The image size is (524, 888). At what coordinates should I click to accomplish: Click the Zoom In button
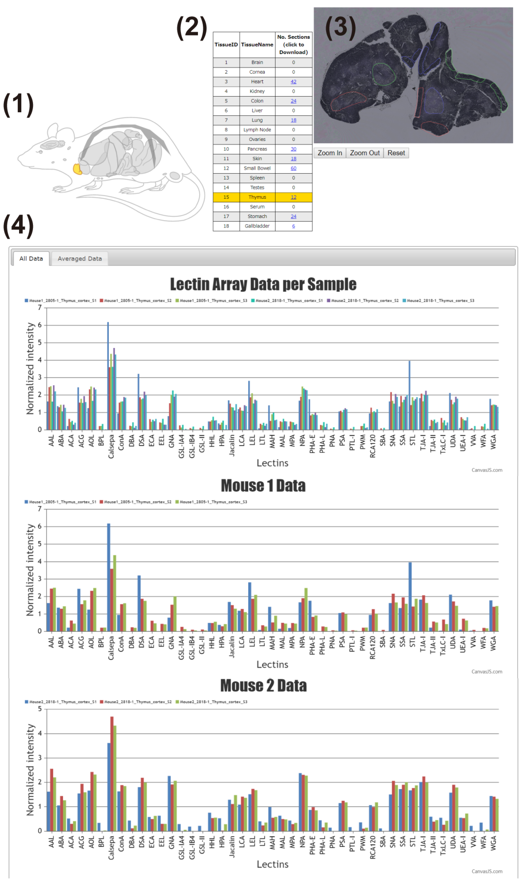click(329, 153)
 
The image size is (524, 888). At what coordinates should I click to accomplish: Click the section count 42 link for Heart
click(293, 81)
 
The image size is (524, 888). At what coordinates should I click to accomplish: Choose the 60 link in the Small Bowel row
click(293, 168)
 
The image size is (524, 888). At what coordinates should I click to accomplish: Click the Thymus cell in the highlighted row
click(257, 197)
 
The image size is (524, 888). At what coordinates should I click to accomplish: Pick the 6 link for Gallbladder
click(293, 226)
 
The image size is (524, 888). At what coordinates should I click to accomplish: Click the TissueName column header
click(257, 44)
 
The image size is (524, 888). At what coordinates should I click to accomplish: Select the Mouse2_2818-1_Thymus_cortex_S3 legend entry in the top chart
click(440, 301)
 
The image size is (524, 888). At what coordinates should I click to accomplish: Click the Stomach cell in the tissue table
click(257, 217)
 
